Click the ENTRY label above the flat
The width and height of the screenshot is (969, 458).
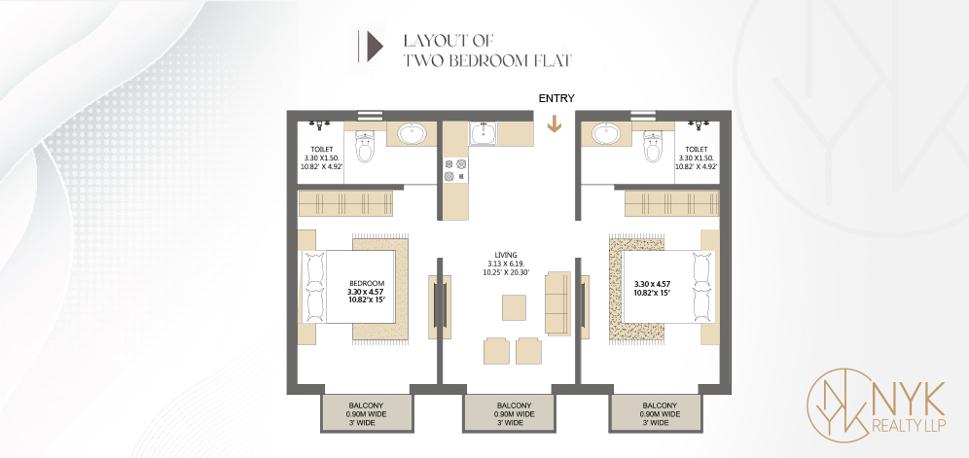point(556,98)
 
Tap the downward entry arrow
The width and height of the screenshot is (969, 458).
point(555,124)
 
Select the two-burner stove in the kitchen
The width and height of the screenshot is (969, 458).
point(456,170)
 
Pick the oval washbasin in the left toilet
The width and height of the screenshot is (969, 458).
point(411,133)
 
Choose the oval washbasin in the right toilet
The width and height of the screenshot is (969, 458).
point(606,133)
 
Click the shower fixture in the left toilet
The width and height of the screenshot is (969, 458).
point(319,124)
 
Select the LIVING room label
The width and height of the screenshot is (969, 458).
point(506,255)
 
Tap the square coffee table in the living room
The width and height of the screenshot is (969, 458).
point(514,307)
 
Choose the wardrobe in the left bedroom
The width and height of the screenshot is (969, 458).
point(346,203)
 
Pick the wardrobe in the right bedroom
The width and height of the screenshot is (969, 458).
point(671,203)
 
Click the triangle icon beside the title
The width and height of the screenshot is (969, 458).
point(376,47)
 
